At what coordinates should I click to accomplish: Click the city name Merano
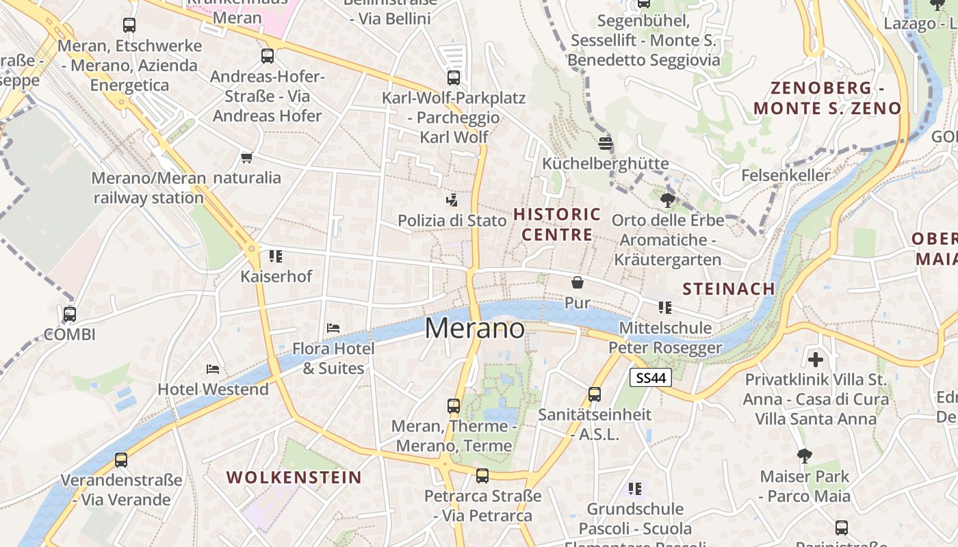(475, 329)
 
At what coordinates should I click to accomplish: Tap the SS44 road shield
(651, 377)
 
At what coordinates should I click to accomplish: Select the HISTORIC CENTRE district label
(557, 224)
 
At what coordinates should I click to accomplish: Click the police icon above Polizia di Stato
(452, 200)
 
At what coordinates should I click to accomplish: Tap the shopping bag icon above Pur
(578, 282)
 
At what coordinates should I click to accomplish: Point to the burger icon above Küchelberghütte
(605, 144)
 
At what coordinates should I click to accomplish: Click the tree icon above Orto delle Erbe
(668, 200)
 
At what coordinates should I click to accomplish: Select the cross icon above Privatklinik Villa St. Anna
(815, 359)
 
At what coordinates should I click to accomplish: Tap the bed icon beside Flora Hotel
(333, 328)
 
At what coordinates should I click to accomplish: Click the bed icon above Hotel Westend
(213, 369)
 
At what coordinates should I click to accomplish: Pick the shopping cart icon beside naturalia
(247, 158)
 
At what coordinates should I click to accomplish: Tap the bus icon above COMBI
(70, 315)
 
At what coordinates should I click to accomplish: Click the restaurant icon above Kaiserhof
(276, 256)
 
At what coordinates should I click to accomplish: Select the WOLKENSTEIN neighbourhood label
(294, 477)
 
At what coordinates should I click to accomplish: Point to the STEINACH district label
(729, 289)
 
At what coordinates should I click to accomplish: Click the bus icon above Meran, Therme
(454, 406)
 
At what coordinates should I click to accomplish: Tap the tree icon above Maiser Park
(805, 456)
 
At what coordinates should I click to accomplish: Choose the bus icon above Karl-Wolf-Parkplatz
(454, 78)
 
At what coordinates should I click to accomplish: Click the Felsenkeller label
(786, 176)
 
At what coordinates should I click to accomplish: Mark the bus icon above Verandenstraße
(121, 460)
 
